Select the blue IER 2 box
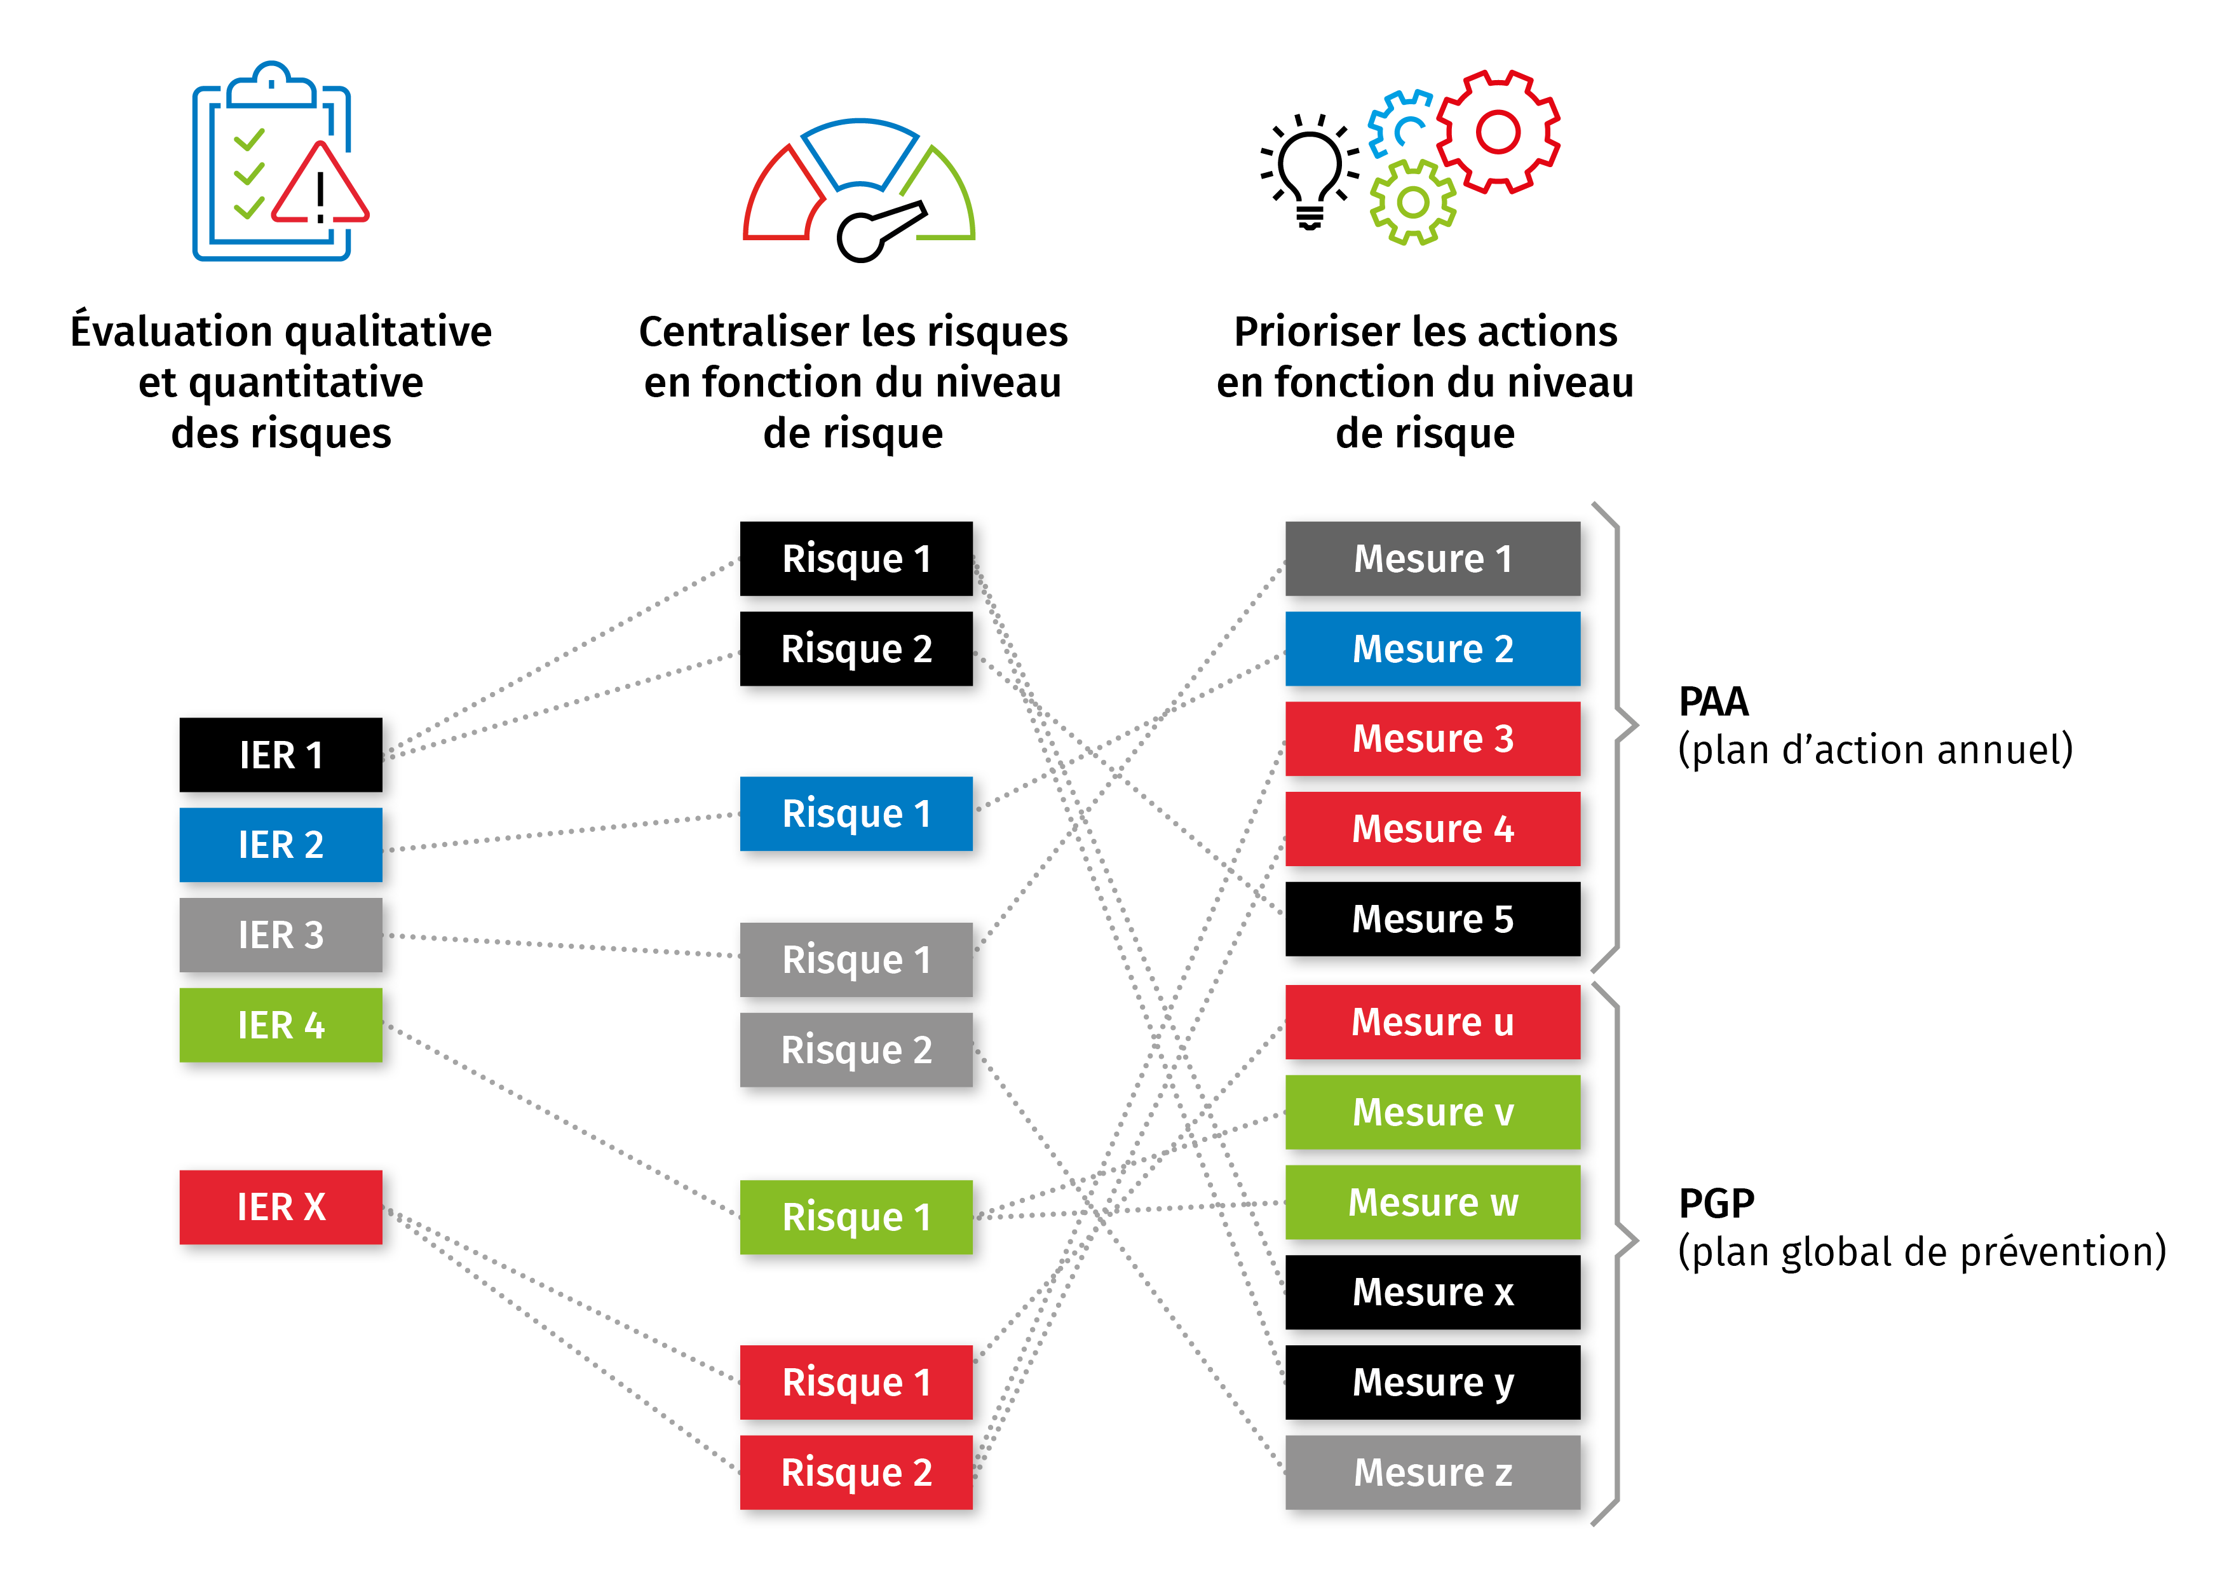(x=281, y=845)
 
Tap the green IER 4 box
(x=281, y=1026)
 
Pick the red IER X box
(x=281, y=1207)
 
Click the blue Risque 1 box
(x=857, y=813)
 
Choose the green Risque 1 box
(x=857, y=1217)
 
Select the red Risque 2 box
(x=857, y=1472)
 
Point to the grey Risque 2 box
(x=857, y=1050)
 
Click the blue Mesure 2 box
(x=1432, y=649)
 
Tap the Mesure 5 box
(x=1432, y=919)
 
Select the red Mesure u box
(x=1432, y=1021)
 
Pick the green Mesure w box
(x=1432, y=1202)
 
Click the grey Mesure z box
(x=1432, y=1472)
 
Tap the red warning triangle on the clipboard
(x=320, y=186)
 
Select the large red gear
(x=1498, y=131)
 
